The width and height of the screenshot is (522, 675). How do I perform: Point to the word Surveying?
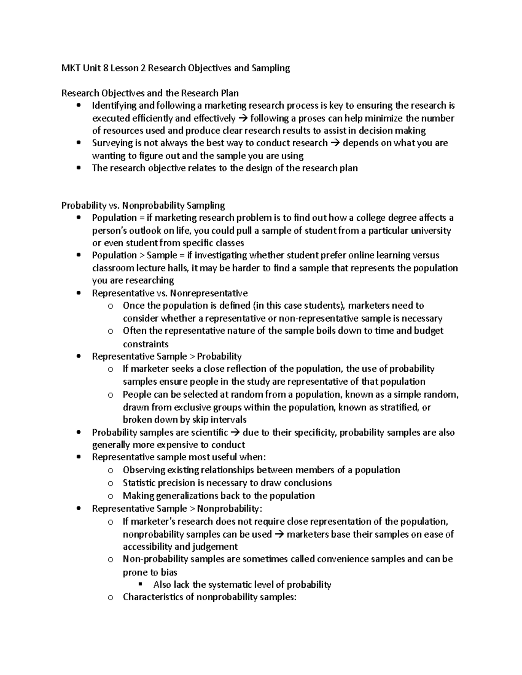coord(111,143)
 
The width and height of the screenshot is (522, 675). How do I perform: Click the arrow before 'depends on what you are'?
coord(335,143)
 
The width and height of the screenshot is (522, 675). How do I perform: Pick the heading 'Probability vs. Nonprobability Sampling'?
coord(143,205)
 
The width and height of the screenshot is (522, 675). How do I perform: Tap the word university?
coord(429,230)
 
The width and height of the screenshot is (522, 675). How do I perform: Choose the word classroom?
coord(112,268)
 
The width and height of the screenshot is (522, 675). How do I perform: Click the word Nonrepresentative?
coord(212,293)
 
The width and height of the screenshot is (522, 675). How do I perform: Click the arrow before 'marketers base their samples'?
coord(279,535)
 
